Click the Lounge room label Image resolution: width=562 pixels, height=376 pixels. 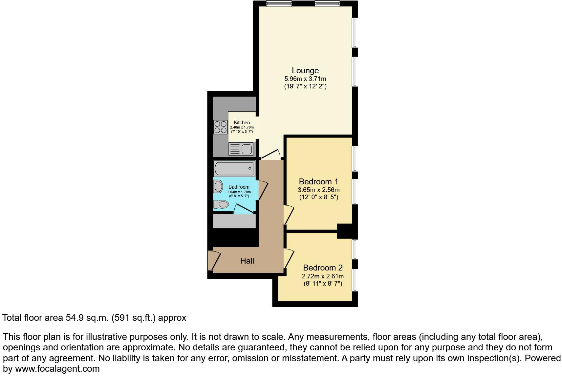[x=305, y=71]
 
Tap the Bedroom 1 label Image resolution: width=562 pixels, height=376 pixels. [x=318, y=182]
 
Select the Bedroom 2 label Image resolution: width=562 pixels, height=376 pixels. [x=323, y=268]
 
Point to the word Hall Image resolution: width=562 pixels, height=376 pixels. [x=247, y=261]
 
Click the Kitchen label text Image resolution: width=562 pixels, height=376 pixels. [x=242, y=123]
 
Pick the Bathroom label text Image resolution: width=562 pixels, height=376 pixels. [x=239, y=187]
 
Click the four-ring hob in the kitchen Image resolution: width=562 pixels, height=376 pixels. [x=220, y=127]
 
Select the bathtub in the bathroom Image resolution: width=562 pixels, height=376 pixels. [x=234, y=169]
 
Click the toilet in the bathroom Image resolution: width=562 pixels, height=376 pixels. [x=221, y=204]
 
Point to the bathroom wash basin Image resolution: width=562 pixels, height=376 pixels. [x=218, y=187]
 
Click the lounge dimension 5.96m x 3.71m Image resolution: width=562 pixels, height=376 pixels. [x=305, y=79]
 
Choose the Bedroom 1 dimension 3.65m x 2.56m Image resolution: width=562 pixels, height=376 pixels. [x=318, y=190]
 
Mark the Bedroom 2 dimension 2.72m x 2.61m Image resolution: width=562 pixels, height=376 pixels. [x=323, y=276]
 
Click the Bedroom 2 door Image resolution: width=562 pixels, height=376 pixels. [x=289, y=258]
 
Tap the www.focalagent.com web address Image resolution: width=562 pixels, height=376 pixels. [x=57, y=369]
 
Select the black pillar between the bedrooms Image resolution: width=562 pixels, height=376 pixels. [x=345, y=231]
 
